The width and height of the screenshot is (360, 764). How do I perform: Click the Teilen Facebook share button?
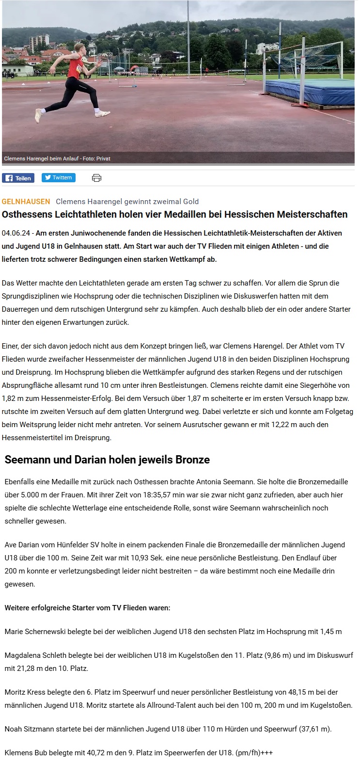pyautogui.click(x=18, y=178)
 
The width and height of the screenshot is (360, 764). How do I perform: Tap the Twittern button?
pyautogui.click(x=58, y=177)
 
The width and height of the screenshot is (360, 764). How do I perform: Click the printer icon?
pyautogui.click(x=96, y=178)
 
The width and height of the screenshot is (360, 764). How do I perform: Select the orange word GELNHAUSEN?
pyautogui.click(x=26, y=201)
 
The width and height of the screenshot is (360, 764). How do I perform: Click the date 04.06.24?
pyautogui.click(x=15, y=233)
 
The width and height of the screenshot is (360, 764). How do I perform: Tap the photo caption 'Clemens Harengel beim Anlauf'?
pyautogui.click(x=39, y=159)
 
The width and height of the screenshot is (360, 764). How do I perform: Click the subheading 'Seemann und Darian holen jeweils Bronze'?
pyautogui.click(x=107, y=460)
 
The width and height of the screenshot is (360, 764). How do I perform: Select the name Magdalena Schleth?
pyautogui.click(x=35, y=655)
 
